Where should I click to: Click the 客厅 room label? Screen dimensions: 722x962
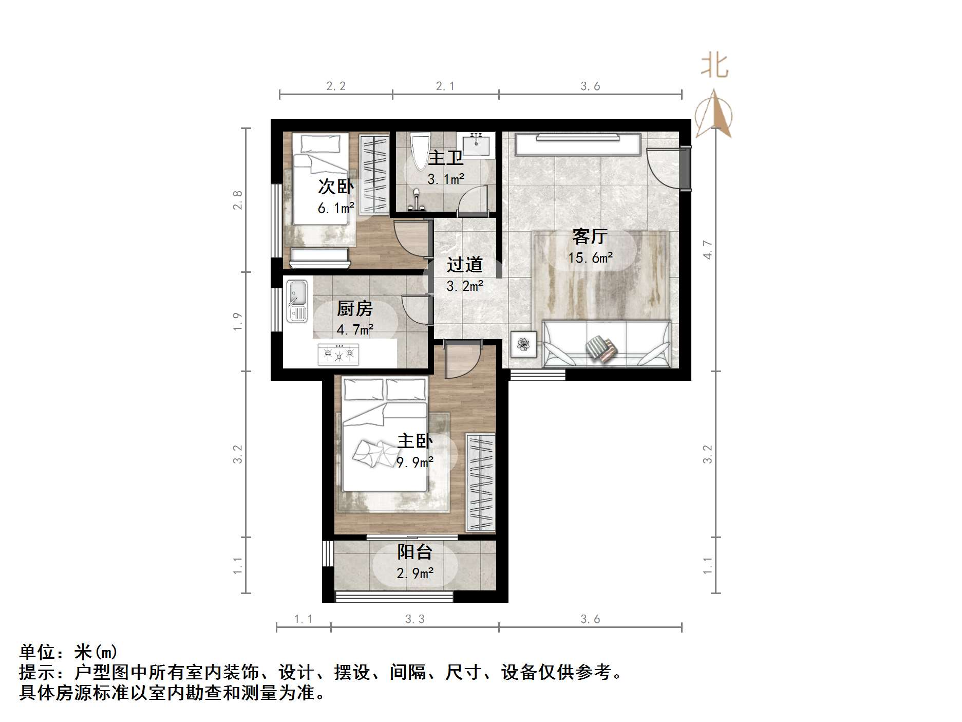coord(590,237)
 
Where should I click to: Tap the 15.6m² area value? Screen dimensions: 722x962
coord(590,257)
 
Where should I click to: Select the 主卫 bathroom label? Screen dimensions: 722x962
coord(446,157)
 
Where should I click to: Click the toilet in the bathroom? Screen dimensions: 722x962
coord(420,151)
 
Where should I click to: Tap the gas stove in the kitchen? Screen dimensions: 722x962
coord(338,354)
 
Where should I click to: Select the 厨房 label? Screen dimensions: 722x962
coord(354,308)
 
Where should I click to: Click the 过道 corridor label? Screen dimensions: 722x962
coord(464,265)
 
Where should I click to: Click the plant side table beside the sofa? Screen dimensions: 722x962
coord(523,344)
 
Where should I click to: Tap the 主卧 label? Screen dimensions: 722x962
coord(415,441)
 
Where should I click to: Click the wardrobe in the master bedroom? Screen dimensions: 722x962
coord(481,482)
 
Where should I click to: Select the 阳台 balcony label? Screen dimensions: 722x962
coord(414,552)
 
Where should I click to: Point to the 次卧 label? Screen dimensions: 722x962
coord(336,186)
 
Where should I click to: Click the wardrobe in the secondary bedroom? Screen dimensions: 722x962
coord(374,174)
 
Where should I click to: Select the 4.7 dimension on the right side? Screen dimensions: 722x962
coord(707,250)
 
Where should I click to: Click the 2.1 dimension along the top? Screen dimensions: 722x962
coord(445,86)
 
